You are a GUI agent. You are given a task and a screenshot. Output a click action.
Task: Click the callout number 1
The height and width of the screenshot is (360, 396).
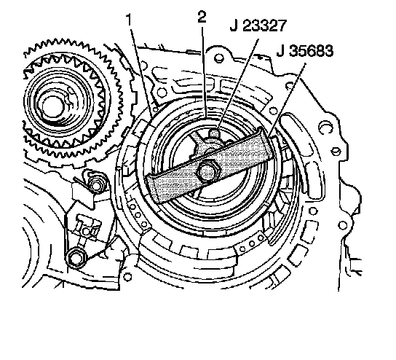pos(130,20)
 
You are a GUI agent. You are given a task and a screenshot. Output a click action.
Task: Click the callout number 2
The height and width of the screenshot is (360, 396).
pos(202,17)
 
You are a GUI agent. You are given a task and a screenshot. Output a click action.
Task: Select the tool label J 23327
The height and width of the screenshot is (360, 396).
pos(258,26)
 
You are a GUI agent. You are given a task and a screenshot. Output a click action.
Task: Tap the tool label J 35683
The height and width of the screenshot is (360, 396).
pos(305,50)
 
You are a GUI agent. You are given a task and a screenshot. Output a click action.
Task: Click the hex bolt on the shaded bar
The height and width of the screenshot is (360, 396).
pos(206,171)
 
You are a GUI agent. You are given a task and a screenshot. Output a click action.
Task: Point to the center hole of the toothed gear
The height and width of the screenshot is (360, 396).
pos(52,106)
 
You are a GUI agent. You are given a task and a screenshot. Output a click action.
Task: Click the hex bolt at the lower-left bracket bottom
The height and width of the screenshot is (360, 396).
pos(76,258)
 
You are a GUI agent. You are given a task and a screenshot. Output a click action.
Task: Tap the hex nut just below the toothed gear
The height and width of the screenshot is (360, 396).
pos(96,185)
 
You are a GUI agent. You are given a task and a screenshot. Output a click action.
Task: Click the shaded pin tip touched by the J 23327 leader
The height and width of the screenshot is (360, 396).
pos(214,132)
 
